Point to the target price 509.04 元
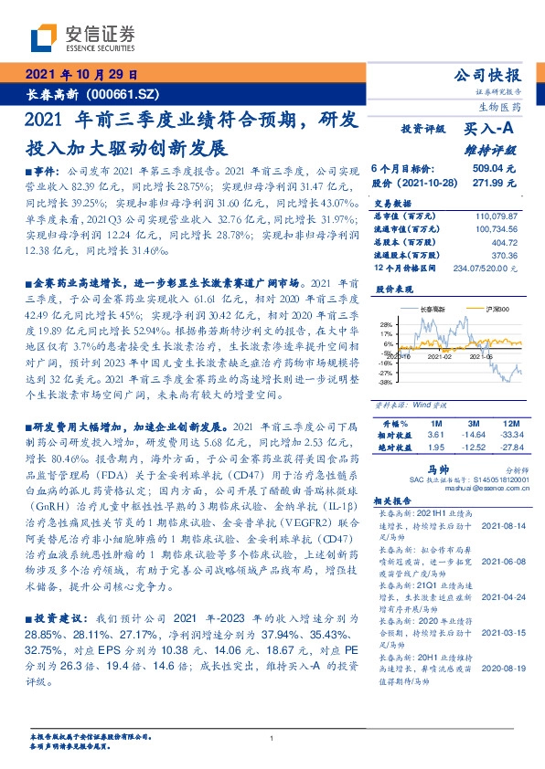(x=494, y=169)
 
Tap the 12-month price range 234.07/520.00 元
(x=485, y=269)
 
